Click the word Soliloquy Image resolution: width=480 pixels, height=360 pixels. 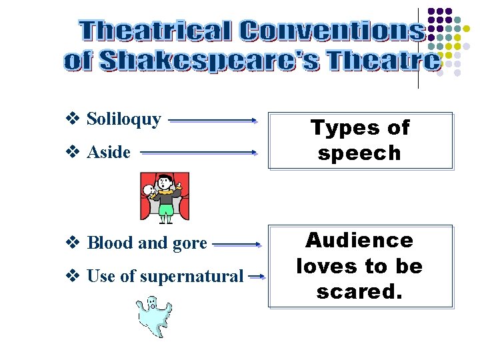[124, 120]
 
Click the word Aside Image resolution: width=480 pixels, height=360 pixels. [109, 153]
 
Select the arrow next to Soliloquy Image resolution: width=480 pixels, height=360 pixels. [213, 121]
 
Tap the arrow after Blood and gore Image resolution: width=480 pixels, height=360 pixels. [235, 245]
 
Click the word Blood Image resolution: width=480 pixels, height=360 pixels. [109, 243]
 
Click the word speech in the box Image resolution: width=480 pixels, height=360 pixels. [359, 153]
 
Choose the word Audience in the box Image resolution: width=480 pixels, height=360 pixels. [359, 240]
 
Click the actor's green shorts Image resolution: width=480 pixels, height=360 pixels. [165, 210]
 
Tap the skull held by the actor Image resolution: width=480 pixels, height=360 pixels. [150, 192]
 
